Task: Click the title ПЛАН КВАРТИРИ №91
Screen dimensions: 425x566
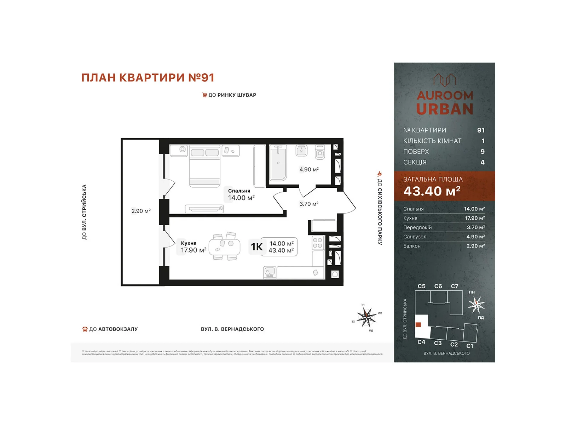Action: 148,78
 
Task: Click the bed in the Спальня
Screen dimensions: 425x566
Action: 205,166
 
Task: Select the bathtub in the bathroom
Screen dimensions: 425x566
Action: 278,163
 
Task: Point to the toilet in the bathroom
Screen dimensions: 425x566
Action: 320,152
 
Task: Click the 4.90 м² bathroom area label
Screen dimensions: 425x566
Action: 309,169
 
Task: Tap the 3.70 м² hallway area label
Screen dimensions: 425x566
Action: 308,204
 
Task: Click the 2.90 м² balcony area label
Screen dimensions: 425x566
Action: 141,211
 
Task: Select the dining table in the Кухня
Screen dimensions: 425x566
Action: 224,246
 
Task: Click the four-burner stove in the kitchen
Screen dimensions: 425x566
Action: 317,243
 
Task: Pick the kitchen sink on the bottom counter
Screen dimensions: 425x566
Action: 270,272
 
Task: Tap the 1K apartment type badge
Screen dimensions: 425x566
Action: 257,247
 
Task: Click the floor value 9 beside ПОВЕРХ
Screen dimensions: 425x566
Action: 482,152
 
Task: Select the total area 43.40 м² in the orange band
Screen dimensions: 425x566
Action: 432,191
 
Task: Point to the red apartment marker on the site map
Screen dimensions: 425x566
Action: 418,324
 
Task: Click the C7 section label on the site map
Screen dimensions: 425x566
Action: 455,286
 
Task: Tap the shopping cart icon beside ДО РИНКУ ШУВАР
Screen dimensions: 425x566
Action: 204,95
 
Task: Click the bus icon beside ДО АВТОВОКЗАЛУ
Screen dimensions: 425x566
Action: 85,329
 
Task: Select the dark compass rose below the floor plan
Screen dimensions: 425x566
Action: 366,316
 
